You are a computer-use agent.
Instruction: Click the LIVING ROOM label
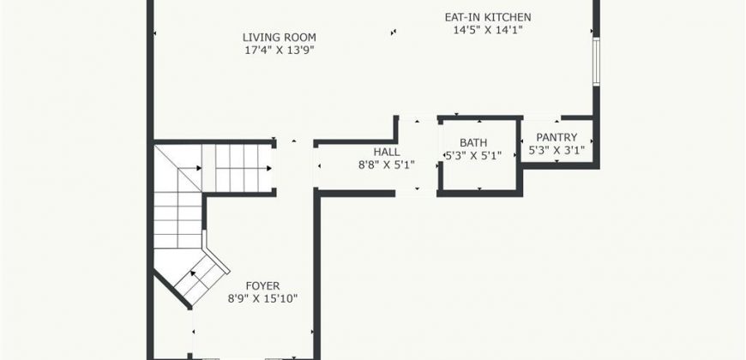pos(280,37)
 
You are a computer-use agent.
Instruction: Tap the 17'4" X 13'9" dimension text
pos(280,50)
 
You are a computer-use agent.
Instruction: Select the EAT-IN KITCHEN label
pos(488,18)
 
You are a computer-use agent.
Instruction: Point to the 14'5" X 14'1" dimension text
pos(488,30)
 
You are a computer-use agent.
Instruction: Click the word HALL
pos(387,153)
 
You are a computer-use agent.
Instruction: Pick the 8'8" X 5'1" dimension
pos(387,165)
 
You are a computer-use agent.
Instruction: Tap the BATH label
pos(473,142)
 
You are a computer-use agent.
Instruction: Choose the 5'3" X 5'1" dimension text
pos(473,155)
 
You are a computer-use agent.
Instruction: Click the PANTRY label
pos(556,137)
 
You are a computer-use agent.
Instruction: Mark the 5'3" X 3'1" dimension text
pos(556,150)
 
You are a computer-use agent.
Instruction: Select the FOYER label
pos(262,286)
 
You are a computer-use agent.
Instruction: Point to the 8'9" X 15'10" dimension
pos(262,299)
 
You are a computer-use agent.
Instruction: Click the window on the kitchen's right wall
pos(596,62)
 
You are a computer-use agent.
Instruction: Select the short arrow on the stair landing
pos(193,168)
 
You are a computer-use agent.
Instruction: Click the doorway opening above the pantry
pos(542,117)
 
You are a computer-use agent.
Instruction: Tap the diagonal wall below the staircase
pos(172,289)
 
